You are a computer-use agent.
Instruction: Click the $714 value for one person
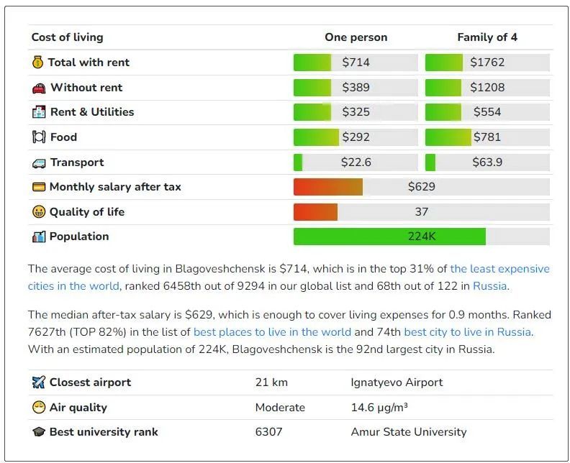pyautogui.click(x=356, y=63)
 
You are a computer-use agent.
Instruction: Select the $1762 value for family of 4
pyautogui.click(x=487, y=63)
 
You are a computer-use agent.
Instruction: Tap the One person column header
pyautogui.click(x=356, y=37)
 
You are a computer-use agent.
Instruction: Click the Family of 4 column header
pyautogui.click(x=487, y=37)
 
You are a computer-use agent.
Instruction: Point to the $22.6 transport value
pyautogui.click(x=356, y=162)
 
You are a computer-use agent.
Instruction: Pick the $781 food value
pyautogui.click(x=487, y=137)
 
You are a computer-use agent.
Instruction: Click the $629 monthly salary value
pyautogui.click(x=421, y=187)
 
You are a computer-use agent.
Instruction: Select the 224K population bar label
pyautogui.click(x=421, y=237)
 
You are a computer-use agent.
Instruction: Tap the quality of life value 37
pyautogui.click(x=421, y=212)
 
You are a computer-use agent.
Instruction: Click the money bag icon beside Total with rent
pyautogui.click(x=38, y=63)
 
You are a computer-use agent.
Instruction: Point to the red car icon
pyautogui.click(x=39, y=88)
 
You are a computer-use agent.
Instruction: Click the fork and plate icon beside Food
pyautogui.click(x=39, y=137)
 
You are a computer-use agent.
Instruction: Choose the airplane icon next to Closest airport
pyautogui.click(x=39, y=382)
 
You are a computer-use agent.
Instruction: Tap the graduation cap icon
pyautogui.click(x=39, y=432)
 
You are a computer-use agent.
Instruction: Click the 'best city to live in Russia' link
pyautogui.click(x=467, y=332)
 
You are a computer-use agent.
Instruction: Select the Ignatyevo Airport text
pyautogui.click(x=397, y=382)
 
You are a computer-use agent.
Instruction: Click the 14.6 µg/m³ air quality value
pyautogui.click(x=379, y=408)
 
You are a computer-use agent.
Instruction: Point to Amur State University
pyautogui.click(x=408, y=432)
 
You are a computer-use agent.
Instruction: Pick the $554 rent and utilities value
pyautogui.click(x=487, y=112)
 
